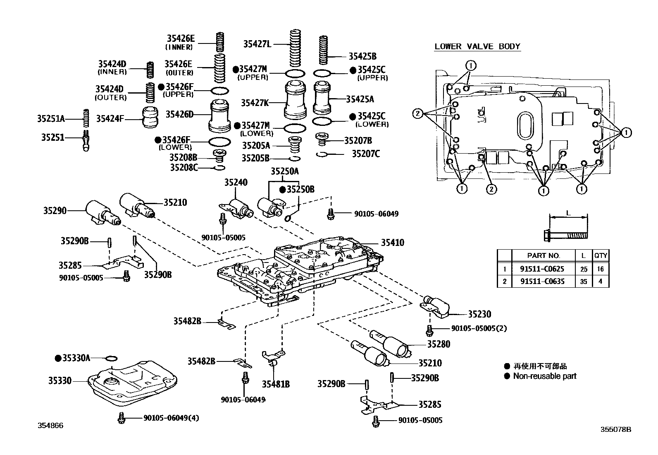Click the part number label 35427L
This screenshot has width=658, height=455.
point(257,44)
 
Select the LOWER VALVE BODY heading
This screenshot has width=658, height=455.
point(477,46)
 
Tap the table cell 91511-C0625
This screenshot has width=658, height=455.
point(542,269)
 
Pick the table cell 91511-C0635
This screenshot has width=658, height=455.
point(542,282)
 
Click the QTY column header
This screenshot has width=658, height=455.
point(600,256)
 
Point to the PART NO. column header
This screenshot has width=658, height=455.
point(543,256)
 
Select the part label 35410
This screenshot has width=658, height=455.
point(392,243)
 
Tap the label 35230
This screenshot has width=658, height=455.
point(479,314)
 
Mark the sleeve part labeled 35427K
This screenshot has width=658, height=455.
point(296,100)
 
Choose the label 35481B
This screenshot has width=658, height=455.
point(275,384)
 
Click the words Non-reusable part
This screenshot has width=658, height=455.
point(544,376)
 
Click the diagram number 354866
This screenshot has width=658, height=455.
point(51,426)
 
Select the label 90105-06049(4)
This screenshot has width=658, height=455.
point(171,418)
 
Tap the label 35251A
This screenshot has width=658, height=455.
point(51,119)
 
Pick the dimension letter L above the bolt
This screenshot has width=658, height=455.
point(568,213)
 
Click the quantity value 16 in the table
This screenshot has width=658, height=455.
point(600,269)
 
